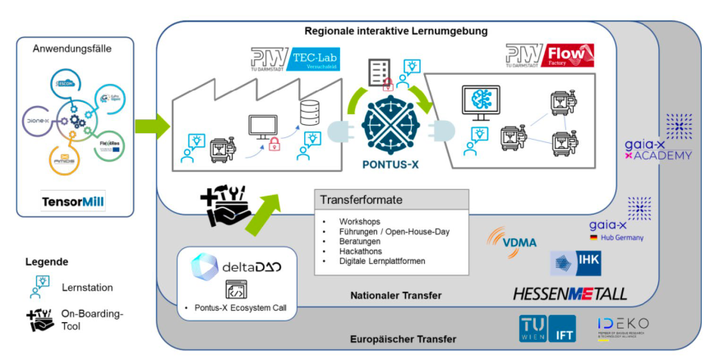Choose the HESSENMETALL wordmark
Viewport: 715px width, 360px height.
570,293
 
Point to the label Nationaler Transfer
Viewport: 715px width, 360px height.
395,295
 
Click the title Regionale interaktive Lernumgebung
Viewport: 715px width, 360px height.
396,31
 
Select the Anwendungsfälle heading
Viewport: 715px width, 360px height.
72,48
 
